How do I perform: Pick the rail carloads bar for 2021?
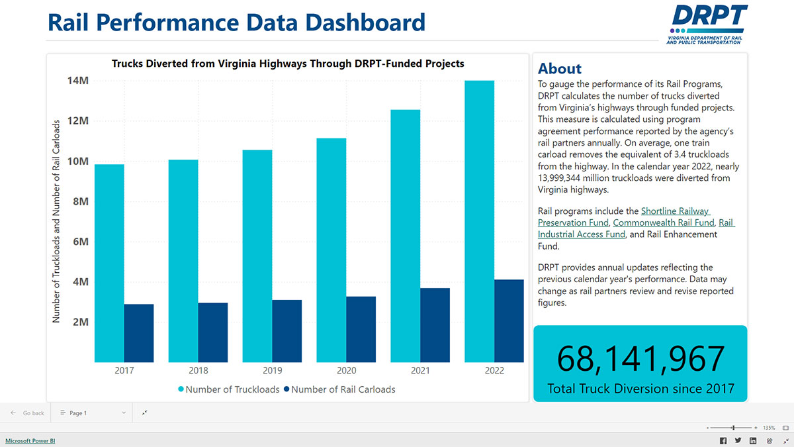(435, 325)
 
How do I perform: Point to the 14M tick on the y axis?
(77, 81)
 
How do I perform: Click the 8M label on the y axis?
(79, 201)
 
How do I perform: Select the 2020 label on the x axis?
(346, 370)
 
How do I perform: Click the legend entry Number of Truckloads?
(228, 389)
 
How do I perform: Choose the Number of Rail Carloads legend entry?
(339, 389)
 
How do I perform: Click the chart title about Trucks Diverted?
(288, 64)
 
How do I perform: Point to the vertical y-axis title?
(56, 221)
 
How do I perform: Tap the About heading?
(560, 69)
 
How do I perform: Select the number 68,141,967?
(640, 358)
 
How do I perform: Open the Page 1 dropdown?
(93, 413)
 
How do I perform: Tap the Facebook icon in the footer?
(723, 441)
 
